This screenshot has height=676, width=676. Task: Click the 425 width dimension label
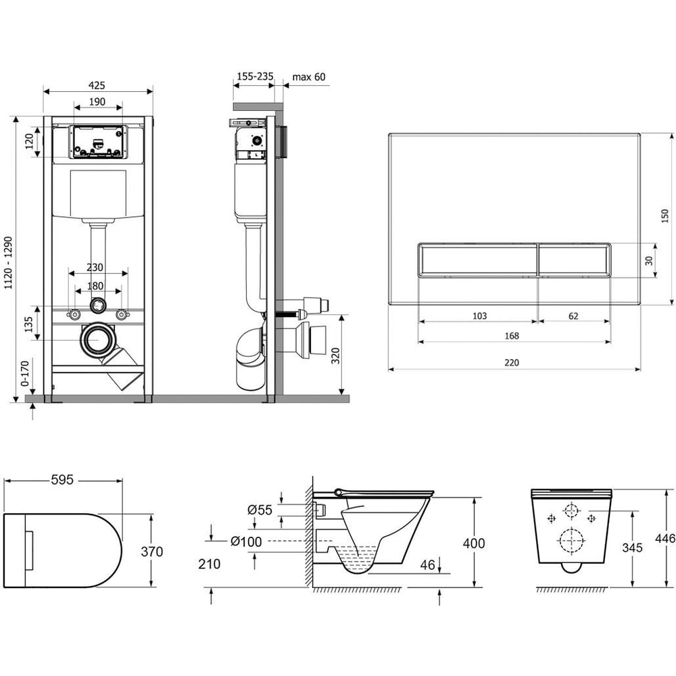97,85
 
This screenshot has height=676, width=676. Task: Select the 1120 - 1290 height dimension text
9,263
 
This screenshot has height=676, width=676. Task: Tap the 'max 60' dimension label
309,77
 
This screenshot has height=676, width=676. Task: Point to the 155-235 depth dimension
256,76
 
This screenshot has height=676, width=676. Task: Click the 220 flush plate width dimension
512,362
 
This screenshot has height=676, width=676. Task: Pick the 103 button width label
480,316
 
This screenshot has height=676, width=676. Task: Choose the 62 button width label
573,316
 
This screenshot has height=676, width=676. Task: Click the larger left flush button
478,260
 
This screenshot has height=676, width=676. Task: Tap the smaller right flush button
574,260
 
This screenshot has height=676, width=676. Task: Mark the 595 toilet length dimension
62,480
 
